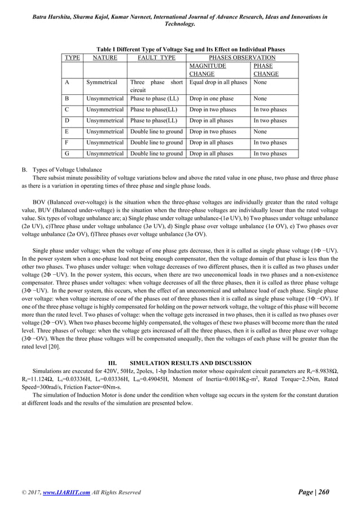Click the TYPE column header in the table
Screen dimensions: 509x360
click(72, 58)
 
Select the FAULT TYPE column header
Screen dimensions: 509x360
click(157, 58)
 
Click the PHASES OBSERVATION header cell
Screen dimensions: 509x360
click(242, 58)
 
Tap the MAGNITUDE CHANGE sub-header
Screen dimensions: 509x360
click(208, 70)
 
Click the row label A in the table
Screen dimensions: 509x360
click(67, 82)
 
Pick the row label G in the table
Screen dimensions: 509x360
click(67, 153)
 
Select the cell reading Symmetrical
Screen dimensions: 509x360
click(102, 82)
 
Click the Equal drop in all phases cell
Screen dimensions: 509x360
click(218, 82)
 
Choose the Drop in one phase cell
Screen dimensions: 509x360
click(211, 99)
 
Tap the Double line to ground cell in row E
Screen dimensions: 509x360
click(156, 131)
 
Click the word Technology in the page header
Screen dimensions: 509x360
click(179, 24)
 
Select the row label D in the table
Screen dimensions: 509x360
click(67, 121)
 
